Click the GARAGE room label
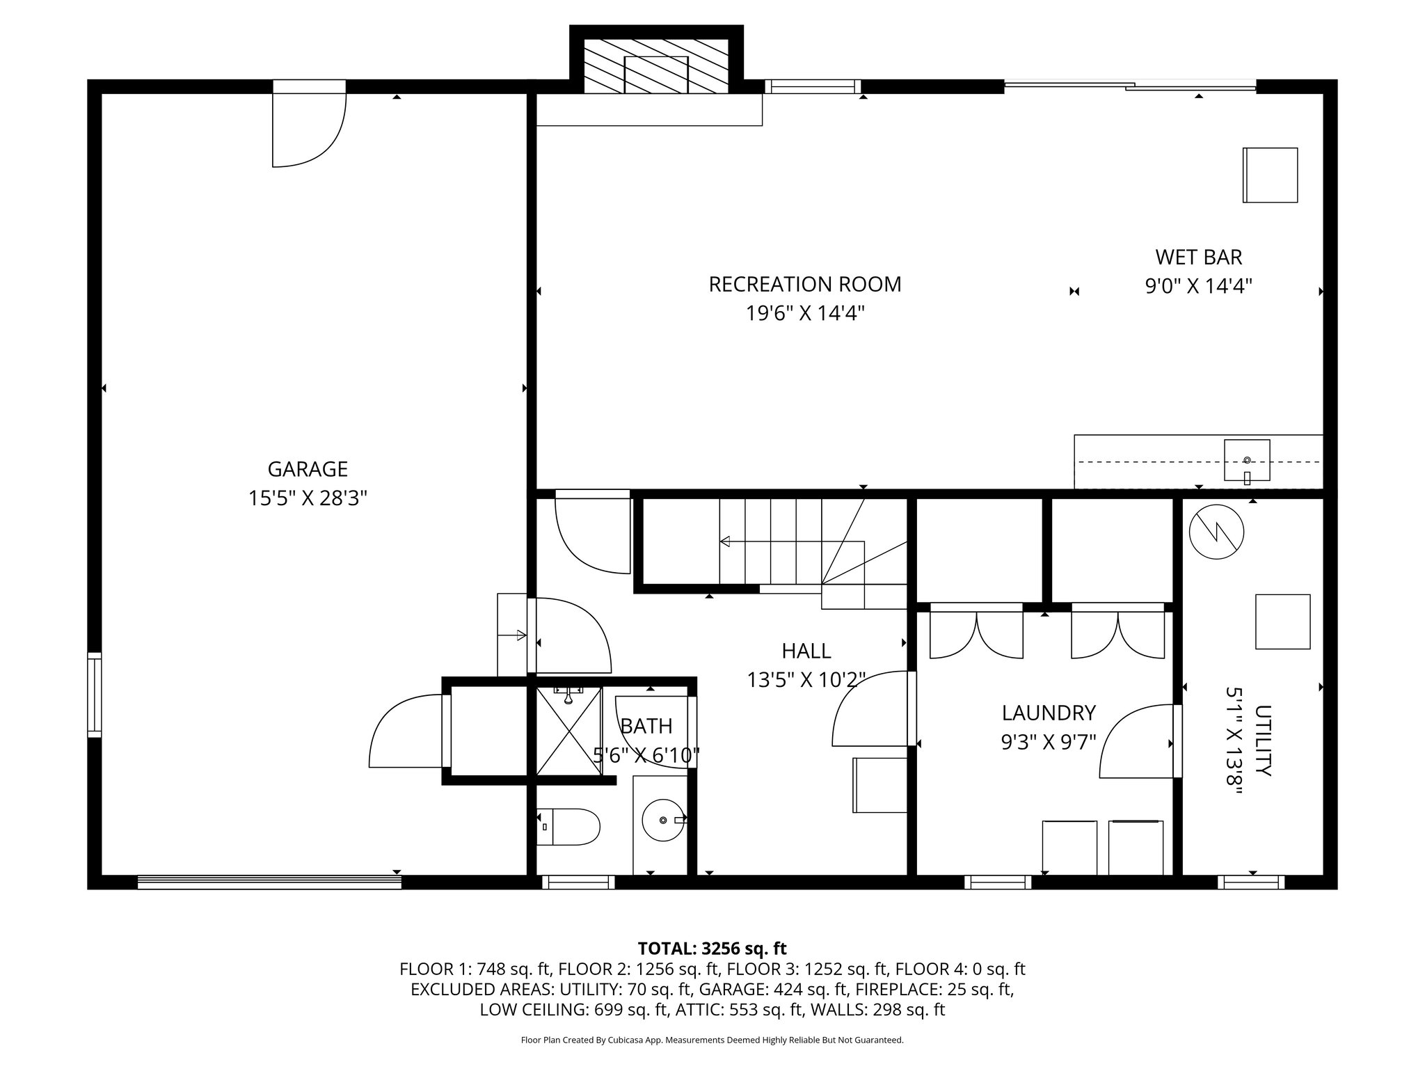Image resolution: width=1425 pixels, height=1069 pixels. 308,469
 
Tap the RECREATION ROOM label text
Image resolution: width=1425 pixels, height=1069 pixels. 804,285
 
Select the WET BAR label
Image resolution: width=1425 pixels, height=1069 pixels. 1198,258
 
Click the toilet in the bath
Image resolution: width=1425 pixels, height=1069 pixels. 569,826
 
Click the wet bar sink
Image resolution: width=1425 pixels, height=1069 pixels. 1246,460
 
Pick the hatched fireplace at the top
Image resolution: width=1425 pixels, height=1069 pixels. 656,66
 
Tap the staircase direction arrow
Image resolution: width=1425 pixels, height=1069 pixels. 725,541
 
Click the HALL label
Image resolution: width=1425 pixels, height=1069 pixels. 806,651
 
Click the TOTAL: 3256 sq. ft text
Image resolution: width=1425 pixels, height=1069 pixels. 712,949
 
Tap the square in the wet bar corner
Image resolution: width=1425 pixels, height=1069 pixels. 1271,175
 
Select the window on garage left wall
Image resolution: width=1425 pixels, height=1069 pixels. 95,694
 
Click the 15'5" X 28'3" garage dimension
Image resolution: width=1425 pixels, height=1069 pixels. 308,498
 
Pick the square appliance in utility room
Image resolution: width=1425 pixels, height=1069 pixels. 1282,621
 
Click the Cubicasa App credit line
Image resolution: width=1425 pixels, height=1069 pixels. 712,1040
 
